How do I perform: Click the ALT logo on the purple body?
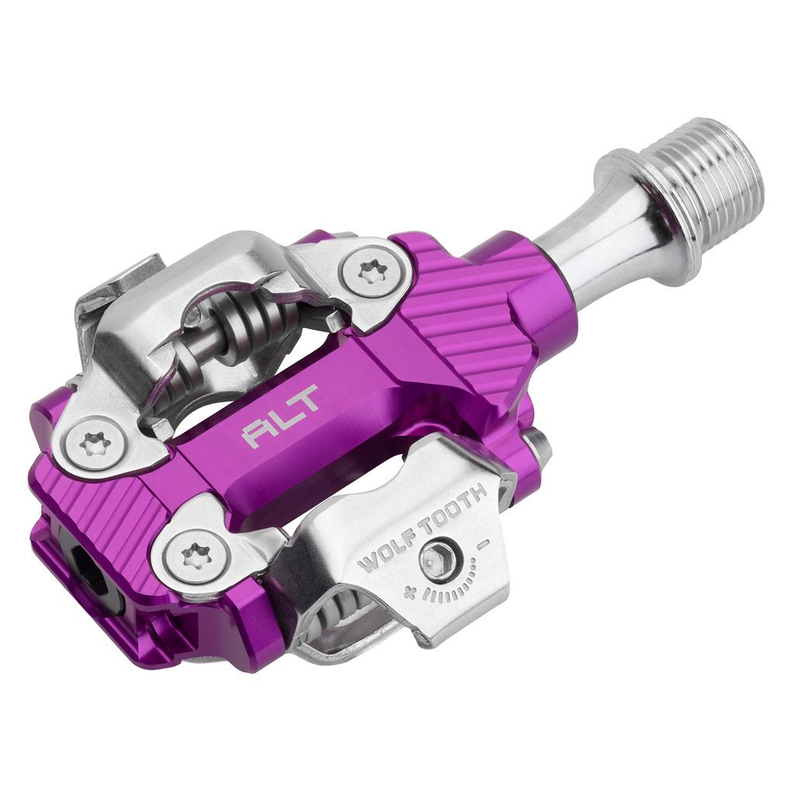click(281, 417)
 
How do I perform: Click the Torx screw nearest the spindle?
click(370, 271)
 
